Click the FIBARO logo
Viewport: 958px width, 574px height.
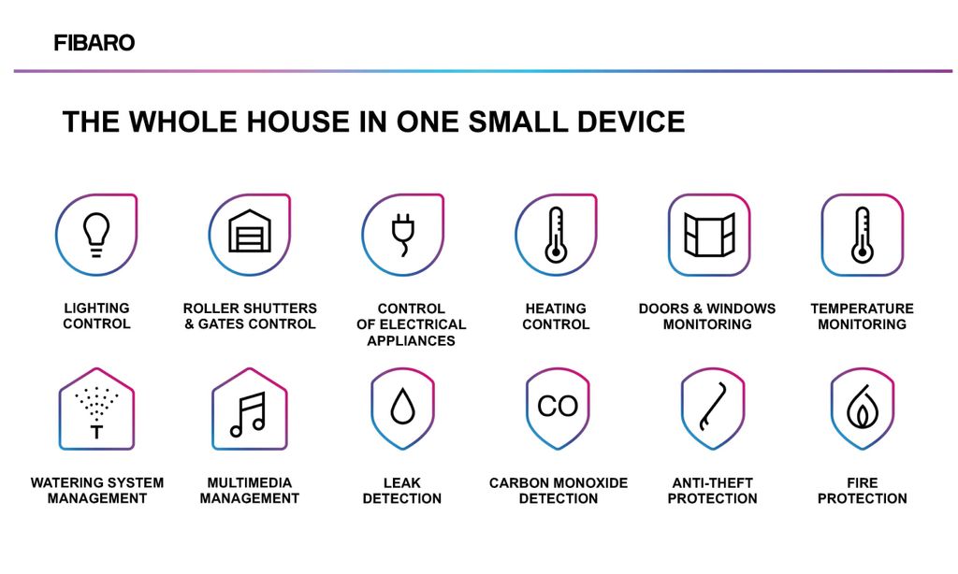[x=94, y=43]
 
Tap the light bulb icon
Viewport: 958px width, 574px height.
[x=96, y=235]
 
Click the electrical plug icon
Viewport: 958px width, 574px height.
[x=402, y=235]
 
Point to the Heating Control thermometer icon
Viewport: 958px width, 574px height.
[x=556, y=235]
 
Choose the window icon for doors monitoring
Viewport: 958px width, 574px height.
[x=709, y=235]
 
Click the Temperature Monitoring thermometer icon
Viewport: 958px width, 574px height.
[x=862, y=235]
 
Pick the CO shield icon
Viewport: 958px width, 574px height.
[x=558, y=409]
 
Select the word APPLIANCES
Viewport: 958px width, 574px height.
[x=412, y=340]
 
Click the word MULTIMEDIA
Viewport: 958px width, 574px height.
[x=249, y=482]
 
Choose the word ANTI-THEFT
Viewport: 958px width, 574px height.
[x=712, y=482]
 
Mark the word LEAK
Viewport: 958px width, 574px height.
[x=402, y=482]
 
